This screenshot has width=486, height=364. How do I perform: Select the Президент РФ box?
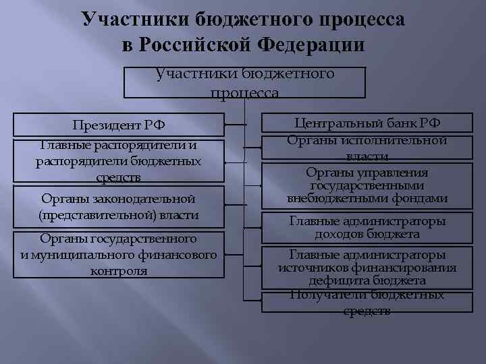[119, 125]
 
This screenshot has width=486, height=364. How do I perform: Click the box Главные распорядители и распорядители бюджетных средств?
[119, 161]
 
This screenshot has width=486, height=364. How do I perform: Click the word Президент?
[103, 125]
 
